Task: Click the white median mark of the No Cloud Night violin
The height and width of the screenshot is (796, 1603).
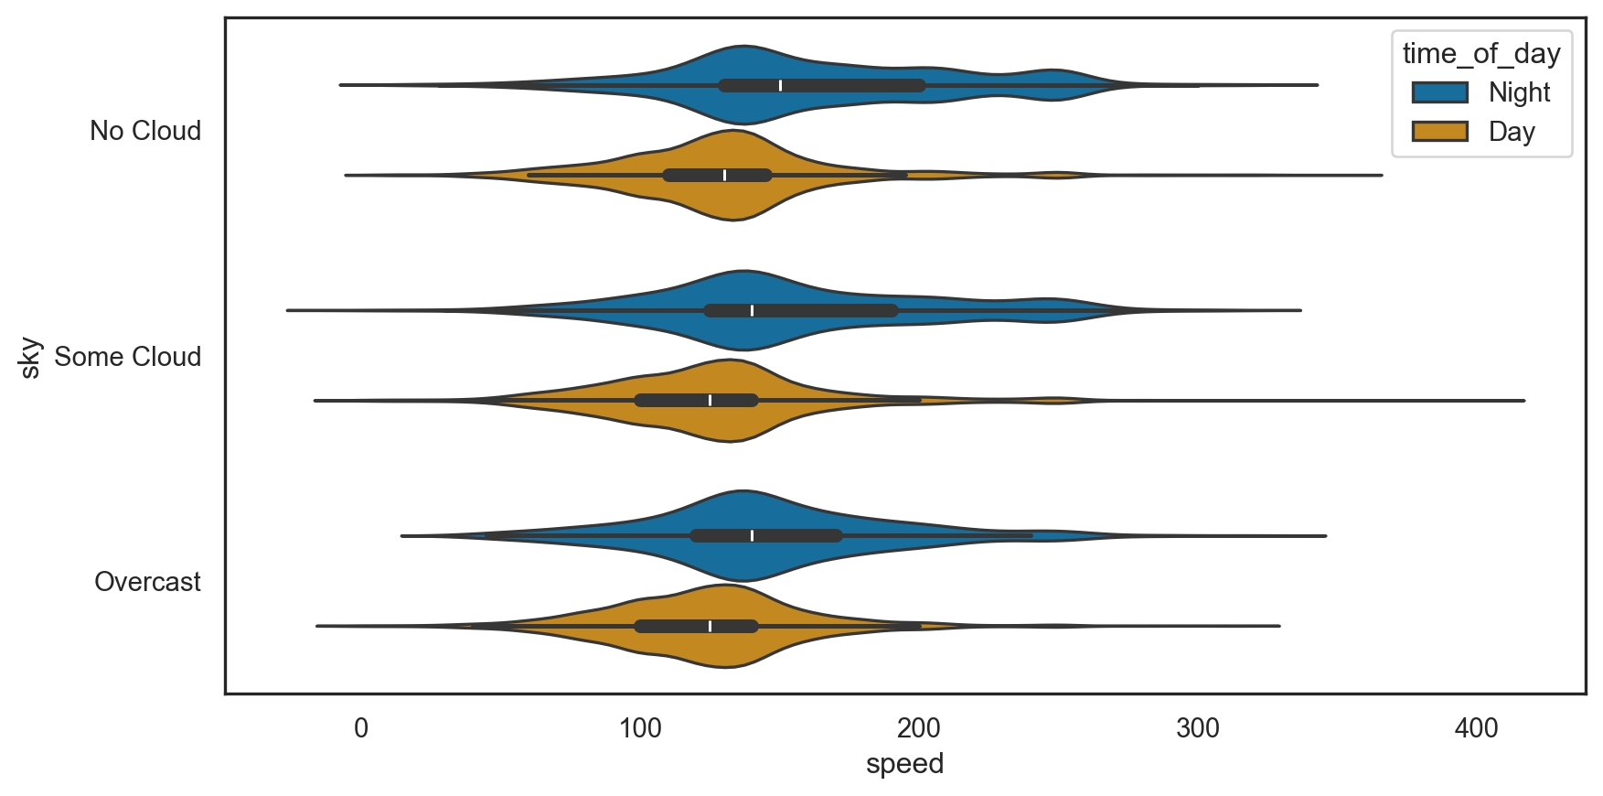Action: tap(780, 85)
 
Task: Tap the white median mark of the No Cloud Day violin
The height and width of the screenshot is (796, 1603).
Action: tap(724, 175)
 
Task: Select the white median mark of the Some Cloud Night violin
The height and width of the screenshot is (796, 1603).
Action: tap(752, 310)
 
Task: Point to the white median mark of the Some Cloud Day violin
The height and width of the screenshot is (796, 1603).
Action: tap(710, 400)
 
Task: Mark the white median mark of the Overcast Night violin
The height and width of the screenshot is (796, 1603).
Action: tap(752, 535)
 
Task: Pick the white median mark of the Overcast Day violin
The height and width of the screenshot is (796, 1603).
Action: tap(710, 626)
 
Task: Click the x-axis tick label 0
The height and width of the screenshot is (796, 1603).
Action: tap(361, 728)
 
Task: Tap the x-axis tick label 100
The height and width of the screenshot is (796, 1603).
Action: tap(640, 728)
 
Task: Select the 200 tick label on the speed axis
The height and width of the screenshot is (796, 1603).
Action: tap(919, 728)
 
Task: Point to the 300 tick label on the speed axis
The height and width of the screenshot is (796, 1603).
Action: tap(1198, 728)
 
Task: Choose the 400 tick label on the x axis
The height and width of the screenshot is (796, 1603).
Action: tap(1476, 728)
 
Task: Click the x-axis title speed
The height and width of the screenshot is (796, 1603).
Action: tap(904, 764)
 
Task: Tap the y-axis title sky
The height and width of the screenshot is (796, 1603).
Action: tap(30, 357)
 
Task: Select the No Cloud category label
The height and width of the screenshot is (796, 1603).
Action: tap(145, 131)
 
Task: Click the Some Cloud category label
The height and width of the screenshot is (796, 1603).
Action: tap(128, 357)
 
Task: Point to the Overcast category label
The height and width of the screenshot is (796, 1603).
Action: tap(147, 582)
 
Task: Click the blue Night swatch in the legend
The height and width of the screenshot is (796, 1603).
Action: tap(1439, 92)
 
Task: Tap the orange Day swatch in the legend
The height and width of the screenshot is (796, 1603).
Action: tap(1439, 132)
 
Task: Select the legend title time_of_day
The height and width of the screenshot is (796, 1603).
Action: tap(1481, 54)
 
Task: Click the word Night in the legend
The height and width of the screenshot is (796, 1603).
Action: tap(1519, 92)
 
